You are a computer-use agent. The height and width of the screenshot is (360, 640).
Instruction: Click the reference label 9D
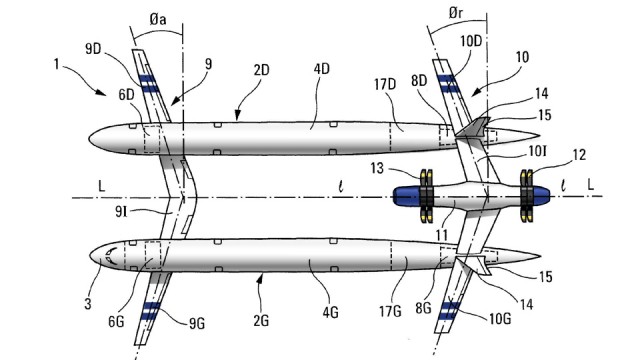pos(93,49)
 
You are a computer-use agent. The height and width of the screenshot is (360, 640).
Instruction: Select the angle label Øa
pos(158,20)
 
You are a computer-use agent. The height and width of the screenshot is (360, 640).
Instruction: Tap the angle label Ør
pos(456,13)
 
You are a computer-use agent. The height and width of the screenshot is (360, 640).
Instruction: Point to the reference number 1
pos(56,64)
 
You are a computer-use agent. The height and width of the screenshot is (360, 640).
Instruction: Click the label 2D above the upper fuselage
pos(262,70)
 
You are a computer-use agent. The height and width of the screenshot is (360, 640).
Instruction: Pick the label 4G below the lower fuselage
pos(330,313)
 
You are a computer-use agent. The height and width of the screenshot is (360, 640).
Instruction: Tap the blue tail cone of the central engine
pos(541,196)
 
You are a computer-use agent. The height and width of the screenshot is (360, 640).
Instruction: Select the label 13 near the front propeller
pos(377,168)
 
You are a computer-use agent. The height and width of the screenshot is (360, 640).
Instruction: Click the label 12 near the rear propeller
pos(579,155)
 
